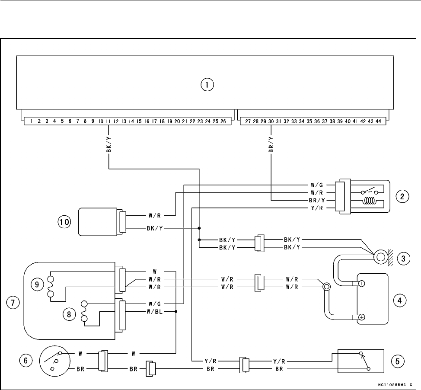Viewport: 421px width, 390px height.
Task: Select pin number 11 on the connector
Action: click(x=108, y=122)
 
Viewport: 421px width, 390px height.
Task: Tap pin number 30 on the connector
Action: click(x=271, y=122)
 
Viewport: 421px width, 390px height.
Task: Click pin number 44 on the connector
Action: click(x=378, y=122)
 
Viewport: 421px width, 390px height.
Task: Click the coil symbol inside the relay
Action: click(x=368, y=201)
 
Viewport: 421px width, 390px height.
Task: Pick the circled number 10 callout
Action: click(x=64, y=223)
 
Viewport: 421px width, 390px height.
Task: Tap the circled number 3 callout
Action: click(x=402, y=259)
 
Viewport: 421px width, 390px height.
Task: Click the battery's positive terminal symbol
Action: click(x=361, y=317)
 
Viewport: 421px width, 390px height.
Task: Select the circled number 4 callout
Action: click(x=402, y=299)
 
